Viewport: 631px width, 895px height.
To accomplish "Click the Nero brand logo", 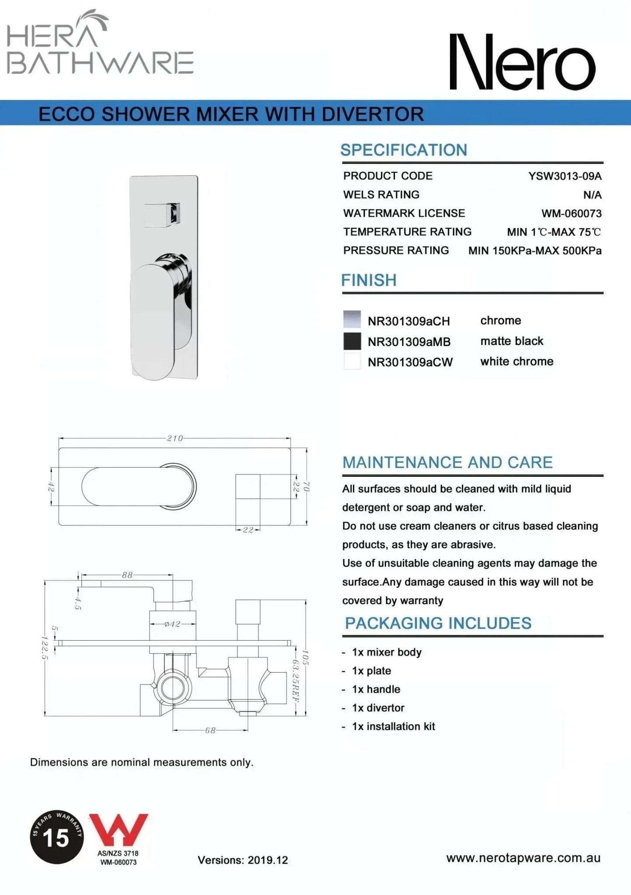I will coord(522,62).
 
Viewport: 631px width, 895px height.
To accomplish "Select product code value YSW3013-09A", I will coord(565,176).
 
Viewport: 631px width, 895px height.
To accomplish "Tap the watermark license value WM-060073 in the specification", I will coord(571,214).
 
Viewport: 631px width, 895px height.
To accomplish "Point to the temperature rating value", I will coord(554,232).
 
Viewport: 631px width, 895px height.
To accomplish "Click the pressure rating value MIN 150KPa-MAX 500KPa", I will coord(534,251).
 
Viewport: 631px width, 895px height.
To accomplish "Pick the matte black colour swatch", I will coord(352,341).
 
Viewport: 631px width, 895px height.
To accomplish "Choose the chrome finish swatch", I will coord(352,319).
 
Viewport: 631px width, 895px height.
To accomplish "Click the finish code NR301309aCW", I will coord(410,362).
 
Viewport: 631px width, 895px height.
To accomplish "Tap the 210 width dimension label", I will coord(175,438).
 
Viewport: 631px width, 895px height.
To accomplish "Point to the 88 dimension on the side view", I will coord(127,575).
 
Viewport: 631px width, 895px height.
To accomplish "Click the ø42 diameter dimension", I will coord(172,624).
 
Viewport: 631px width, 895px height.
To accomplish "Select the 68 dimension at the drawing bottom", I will coord(210,730).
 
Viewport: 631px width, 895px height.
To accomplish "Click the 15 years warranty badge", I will coord(57,837).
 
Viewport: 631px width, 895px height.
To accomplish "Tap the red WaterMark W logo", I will coord(119,830).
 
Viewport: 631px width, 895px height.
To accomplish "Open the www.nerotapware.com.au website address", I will coord(523,858).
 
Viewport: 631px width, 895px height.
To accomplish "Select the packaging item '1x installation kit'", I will coord(393,726).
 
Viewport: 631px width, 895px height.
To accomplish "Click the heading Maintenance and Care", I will coord(447,462).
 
